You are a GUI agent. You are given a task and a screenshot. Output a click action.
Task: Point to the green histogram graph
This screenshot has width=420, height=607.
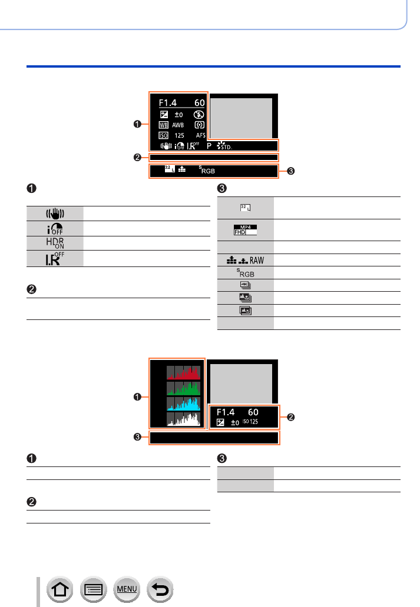[183, 388]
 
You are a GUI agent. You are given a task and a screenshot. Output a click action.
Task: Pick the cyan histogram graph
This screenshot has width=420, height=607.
[183, 403]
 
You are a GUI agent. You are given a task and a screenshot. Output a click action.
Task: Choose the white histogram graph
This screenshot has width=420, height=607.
[183, 418]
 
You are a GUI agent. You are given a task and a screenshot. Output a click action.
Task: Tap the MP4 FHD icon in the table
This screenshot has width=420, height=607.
[246, 229]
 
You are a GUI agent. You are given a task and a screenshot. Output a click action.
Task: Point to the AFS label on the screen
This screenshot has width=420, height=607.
[200, 135]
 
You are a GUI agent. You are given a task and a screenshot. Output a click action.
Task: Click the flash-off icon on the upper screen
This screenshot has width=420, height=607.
[199, 115]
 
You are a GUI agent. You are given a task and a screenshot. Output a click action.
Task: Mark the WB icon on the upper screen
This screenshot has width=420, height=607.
[163, 125]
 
